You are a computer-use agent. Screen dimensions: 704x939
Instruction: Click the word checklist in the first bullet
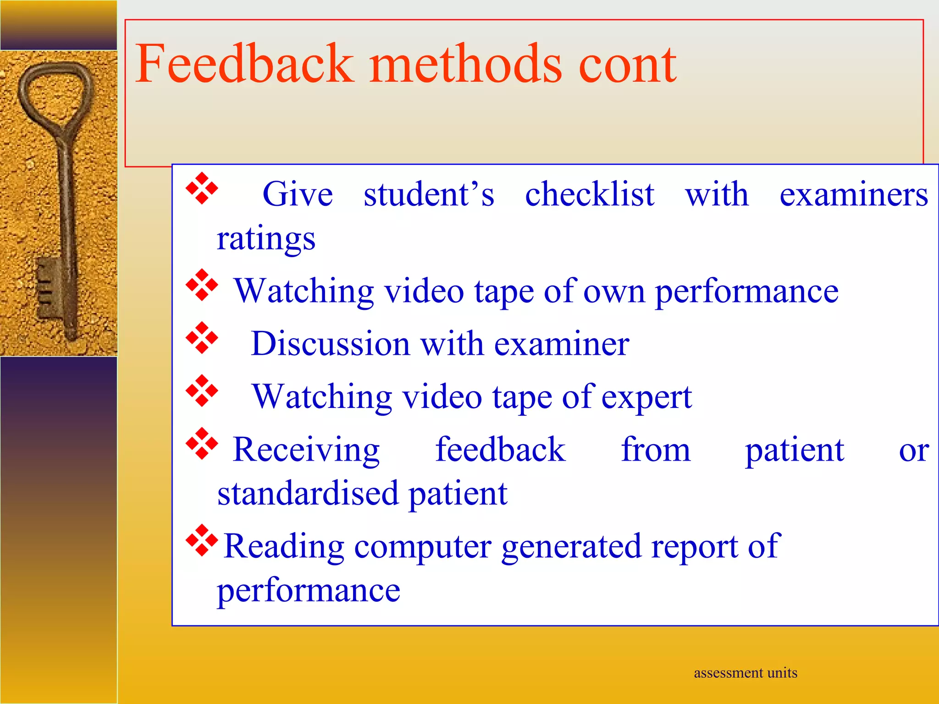(590, 194)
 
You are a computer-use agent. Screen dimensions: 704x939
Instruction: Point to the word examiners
(854, 194)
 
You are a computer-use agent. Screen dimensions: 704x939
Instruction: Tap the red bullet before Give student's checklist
(202, 188)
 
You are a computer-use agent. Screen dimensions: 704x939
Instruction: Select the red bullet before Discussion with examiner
(202, 338)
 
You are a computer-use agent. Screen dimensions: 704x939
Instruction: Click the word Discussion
(330, 344)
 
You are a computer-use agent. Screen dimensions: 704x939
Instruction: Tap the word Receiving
(306, 450)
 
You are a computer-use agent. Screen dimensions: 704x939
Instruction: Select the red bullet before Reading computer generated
(202, 540)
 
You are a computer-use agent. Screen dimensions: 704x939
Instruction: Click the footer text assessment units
(746, 673)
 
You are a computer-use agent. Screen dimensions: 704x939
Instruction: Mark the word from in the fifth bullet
(656, 450)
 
